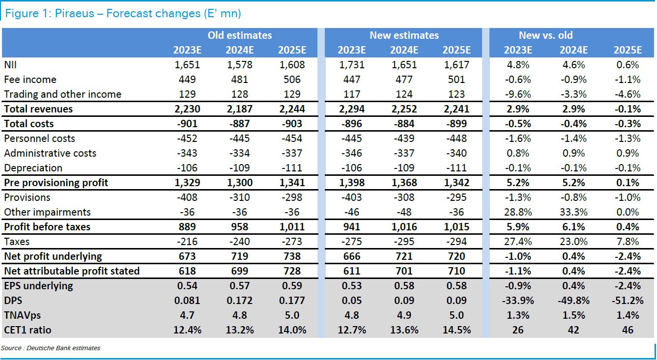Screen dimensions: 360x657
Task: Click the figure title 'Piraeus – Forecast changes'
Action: [x=123, y=13]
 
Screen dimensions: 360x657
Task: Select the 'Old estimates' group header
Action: [x=239, y=35]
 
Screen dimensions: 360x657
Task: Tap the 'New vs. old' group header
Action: [x=545, y=35]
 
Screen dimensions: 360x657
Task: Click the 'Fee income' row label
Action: [x=30, y=80]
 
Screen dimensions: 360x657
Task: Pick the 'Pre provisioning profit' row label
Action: [x=56, y=183]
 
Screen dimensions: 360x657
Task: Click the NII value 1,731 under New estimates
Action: [x=352, y=65]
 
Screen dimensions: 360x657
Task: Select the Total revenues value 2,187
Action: [x=239, y=109]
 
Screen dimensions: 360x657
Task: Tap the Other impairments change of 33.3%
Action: [x=573, y=212]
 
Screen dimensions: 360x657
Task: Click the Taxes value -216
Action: [x=187, y=242]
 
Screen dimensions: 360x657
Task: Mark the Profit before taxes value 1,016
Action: [x=404, y=227]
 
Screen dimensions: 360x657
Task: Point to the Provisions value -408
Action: [x=187, y=197]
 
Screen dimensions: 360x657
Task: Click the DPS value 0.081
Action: [x=187, y=301]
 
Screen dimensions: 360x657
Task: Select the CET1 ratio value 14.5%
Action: [x=457, y=330]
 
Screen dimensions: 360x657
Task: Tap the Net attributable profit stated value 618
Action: [x=187, y=271]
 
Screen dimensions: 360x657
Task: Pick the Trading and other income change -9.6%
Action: [x=518, y=94]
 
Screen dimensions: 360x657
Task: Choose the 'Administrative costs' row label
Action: [x=50, y=153]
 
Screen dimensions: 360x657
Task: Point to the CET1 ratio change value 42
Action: [x=573, y=330]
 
